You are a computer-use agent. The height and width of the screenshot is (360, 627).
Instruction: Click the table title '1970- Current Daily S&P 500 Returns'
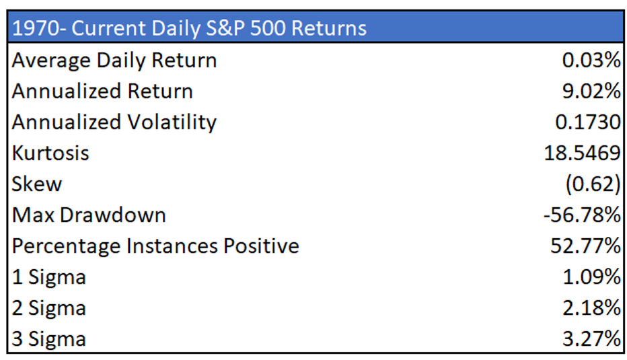[x=189, y=28]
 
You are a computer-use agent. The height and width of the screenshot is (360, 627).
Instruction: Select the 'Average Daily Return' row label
[x=114, y=61]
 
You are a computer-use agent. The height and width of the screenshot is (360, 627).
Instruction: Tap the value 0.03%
[x=591, y=61]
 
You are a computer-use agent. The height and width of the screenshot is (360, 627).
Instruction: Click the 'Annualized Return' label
[x=102, y=92]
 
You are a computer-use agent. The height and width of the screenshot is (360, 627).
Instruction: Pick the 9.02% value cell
[x=591, y=92]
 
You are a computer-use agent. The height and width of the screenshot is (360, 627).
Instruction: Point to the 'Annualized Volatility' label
[x=114, y=122]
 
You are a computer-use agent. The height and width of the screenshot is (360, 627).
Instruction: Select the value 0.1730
[x=588, y=122]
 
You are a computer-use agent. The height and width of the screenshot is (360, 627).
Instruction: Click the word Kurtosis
[x=50, y=153]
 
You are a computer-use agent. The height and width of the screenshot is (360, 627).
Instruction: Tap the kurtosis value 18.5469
[x=582, y=153]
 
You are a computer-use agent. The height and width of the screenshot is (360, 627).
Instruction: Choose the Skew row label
[x=37, y=184]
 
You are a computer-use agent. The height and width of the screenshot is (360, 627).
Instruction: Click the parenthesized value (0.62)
[x=593, y=184]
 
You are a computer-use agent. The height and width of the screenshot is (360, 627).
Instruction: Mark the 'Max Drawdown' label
[x=89, y=215]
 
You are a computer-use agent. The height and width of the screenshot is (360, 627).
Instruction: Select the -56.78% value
[x=582, y=215]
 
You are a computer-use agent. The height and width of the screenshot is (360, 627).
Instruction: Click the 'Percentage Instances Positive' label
[x=155, y=246]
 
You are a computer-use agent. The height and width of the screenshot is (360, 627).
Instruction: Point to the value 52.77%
[x=586, y=246]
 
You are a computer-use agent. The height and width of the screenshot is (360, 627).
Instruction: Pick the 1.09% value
[x=592, y=277]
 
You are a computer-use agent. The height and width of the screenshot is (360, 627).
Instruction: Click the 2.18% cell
[x=592, y=308]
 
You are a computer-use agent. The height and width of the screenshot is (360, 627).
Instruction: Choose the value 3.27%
[x=592, y=338]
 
